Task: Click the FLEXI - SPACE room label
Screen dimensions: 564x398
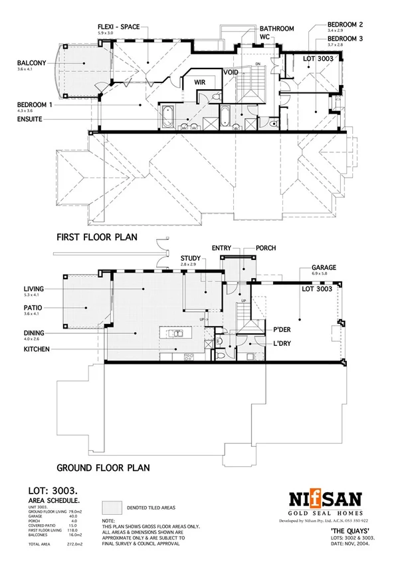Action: click(119, 27)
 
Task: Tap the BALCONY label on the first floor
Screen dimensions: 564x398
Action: click(32, 65)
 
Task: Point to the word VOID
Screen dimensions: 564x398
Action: click(231, 71)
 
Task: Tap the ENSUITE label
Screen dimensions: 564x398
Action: click(33, 119)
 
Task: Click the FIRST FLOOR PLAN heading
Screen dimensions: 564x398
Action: click(96, 237)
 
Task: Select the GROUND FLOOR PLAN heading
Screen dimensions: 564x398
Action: click(103, 468)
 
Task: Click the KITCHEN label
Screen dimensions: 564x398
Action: click(37, 349)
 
